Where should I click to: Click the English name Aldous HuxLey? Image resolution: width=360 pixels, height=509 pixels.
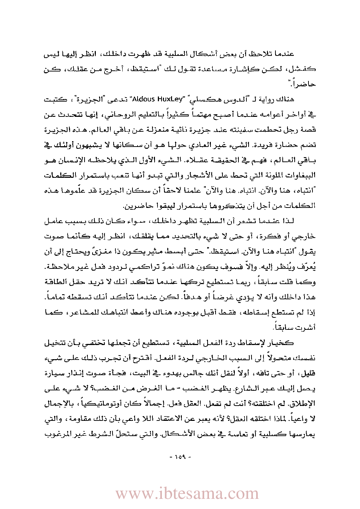click(x=154, y=99)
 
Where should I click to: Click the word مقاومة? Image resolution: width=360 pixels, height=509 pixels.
click(x=76, y=419)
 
